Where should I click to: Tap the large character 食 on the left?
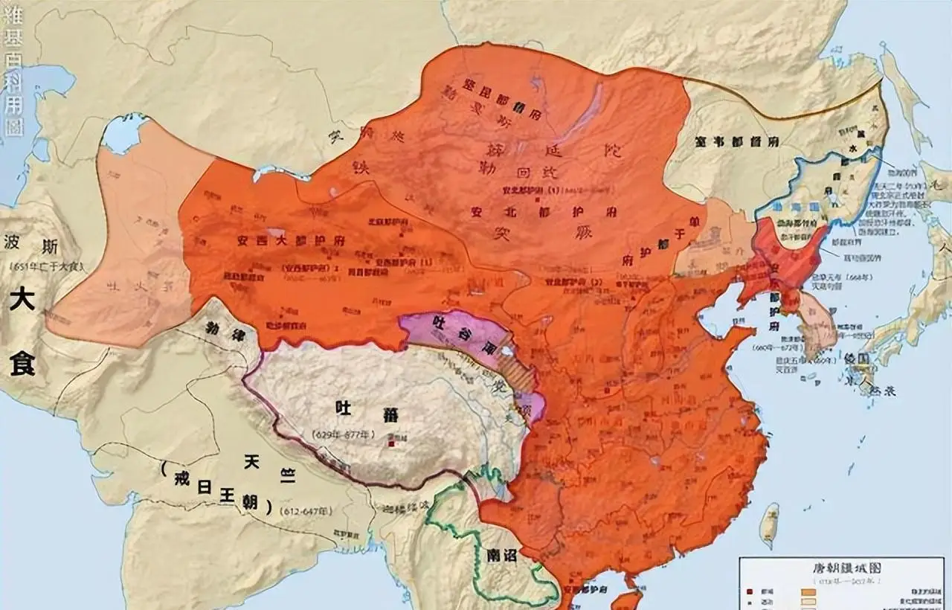point(22,365)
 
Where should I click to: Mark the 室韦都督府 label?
point(736,141)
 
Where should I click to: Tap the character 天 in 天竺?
point(251,460)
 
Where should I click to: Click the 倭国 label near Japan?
point(863,359)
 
